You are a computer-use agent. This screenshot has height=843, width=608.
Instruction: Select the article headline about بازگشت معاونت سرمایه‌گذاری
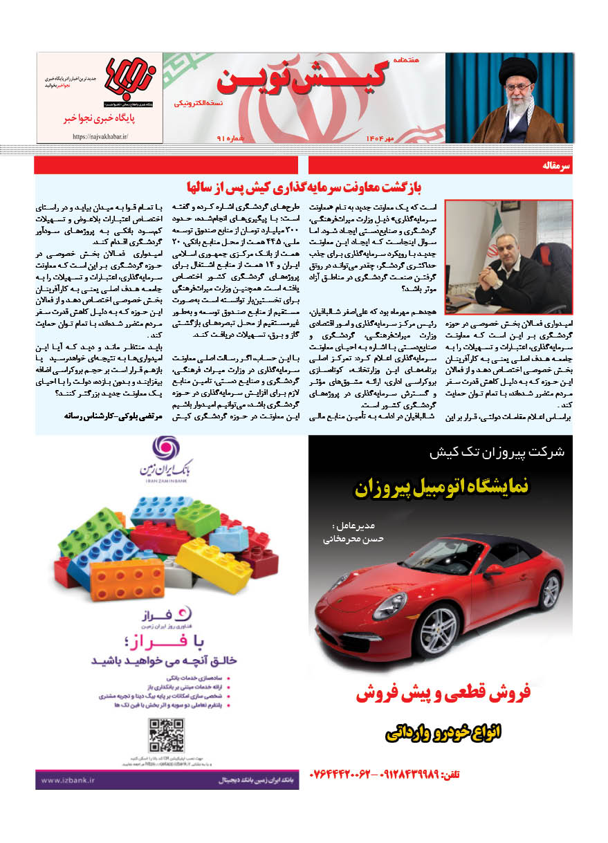(x=304, y=187)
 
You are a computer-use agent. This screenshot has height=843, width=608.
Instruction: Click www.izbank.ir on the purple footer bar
(x=69, y=781)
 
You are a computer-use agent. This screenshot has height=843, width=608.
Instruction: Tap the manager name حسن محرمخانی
(x=349, y=537)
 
